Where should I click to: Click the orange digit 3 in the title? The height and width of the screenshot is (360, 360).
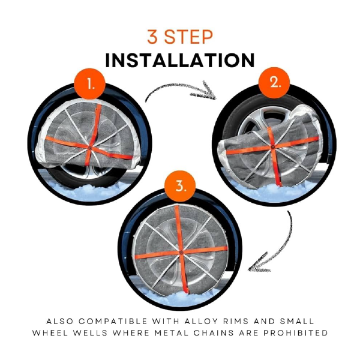coord(152,37)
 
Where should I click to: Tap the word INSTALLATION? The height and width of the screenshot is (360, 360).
coord(180,60)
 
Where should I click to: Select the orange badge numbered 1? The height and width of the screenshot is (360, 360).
coord(90,84)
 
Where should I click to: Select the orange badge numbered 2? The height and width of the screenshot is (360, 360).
coord(274,83)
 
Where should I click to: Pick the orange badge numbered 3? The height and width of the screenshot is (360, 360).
coord(180,186)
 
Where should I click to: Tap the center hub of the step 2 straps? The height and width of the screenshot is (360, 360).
coord(272,147)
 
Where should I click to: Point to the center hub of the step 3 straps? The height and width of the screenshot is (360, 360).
coord(181,253)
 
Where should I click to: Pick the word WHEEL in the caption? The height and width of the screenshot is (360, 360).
coord(50,333)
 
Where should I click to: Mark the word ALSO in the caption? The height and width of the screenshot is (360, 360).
coord(59,321)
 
